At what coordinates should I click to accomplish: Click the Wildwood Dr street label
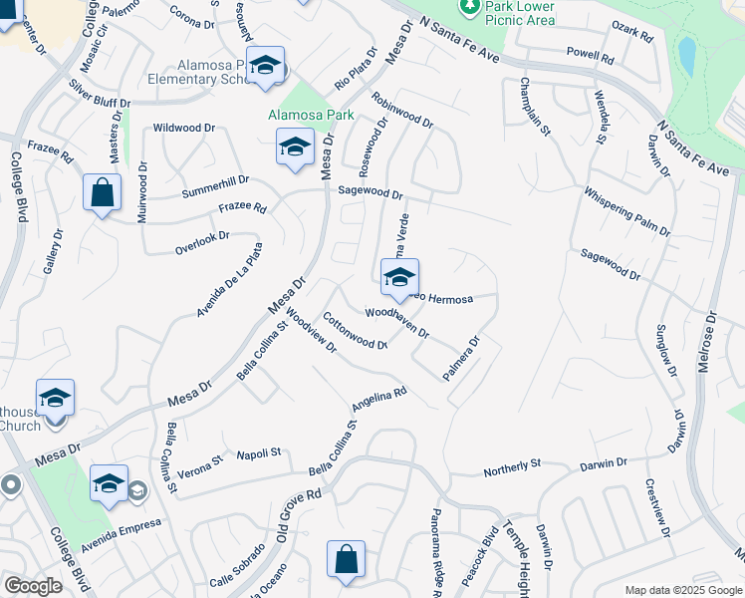[x=184, y=128]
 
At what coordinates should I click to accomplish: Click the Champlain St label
[x=533, y=105]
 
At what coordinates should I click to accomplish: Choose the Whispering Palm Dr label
[x=626, y=211]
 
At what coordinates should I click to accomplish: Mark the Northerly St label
[x=511, y=464]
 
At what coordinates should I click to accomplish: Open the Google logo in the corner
[x=33, y=586]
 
